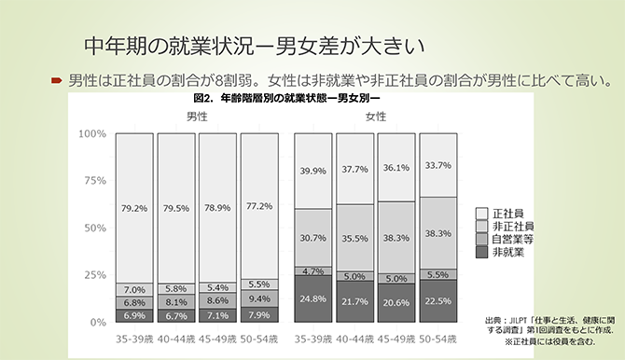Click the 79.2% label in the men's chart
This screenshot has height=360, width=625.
click(x=134, y=208)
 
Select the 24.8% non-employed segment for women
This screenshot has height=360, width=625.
click(x=312, y=298)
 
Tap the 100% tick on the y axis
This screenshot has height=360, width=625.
click(x=91, y=133)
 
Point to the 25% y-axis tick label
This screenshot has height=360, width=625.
click(x=94, y=275)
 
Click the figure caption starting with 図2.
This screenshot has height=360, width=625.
click(x=288, y=97)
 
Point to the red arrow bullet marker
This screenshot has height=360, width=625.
click(x=56, y=79)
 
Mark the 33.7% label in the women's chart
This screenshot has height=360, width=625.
click(x=437, y=165)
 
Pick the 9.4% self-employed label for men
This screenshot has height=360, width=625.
click(x=258, y=298)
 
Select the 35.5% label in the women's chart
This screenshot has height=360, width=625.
click(x=354, y=239)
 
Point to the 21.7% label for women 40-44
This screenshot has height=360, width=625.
click(x=354, y=302)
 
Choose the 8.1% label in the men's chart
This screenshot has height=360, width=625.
click(x=175, y=301)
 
